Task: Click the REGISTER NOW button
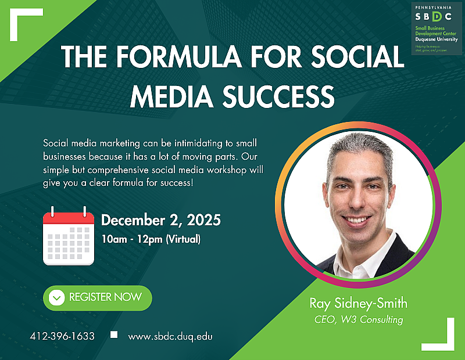[97, 298]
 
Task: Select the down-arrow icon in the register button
[56, 298]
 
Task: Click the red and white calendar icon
[69, 236]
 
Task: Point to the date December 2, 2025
[161, 221]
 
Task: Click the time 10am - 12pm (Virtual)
[151, 237]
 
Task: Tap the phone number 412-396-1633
[62, 336]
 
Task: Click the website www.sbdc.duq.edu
[170, 336]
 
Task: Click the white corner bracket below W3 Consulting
[440, 335]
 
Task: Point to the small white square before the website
[114, 335]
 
